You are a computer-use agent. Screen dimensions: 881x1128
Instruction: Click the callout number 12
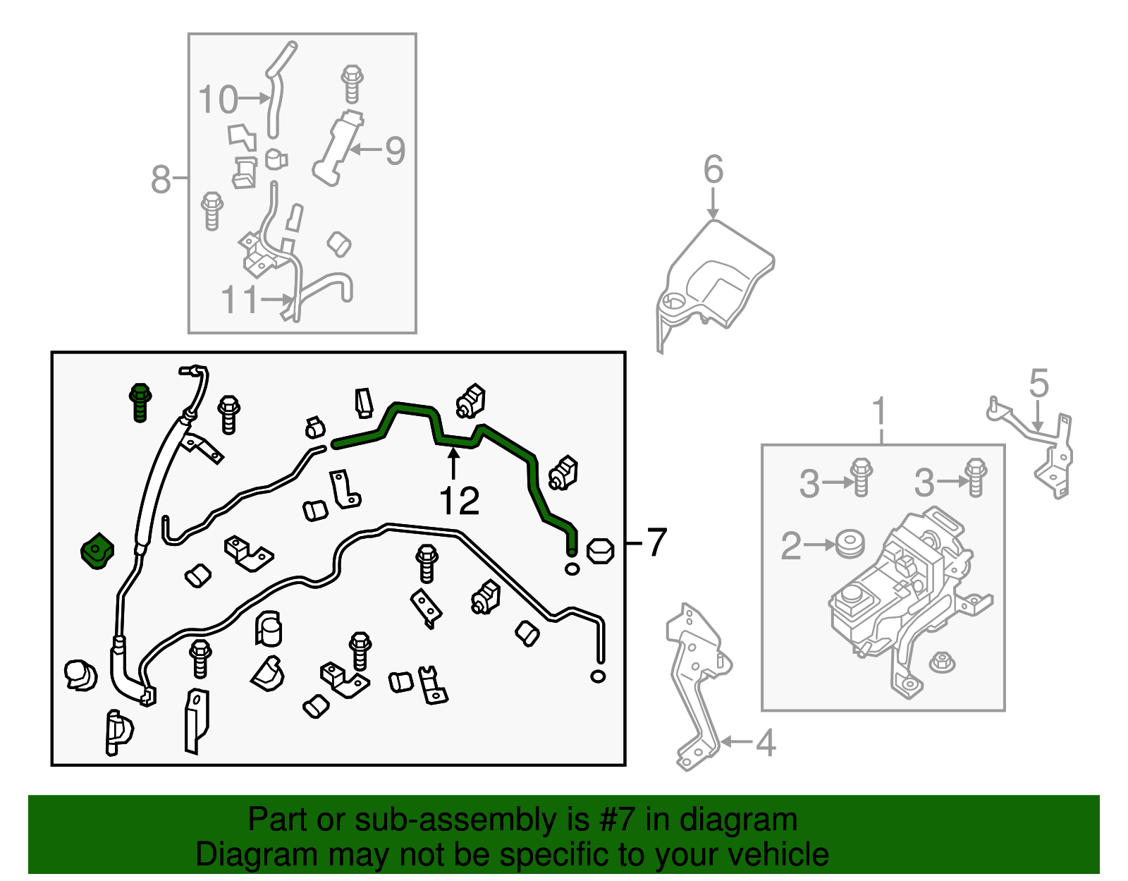(459, 502)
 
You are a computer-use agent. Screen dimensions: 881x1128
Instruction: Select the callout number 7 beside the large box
(656, 542)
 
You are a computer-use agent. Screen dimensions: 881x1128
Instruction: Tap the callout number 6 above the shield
(713, 170)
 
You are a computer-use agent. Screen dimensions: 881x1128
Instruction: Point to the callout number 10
(218, 99)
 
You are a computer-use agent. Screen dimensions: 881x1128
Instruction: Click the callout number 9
(395, 151)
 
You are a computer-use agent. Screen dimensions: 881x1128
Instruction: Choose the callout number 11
(240, 300)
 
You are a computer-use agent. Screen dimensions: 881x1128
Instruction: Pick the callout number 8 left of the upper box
(161, 179)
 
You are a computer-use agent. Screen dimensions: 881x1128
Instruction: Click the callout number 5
(1038, 384)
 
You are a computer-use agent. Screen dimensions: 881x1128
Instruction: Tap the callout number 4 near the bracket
(766, 743)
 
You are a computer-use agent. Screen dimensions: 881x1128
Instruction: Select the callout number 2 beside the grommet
(791, 546)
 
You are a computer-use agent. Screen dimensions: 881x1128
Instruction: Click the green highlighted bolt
(140, 401)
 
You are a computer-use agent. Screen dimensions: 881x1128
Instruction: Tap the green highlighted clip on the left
(97, 551)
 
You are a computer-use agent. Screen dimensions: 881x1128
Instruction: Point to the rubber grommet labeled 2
(850, 545)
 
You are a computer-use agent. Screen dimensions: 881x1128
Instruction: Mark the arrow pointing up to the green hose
(453, 463)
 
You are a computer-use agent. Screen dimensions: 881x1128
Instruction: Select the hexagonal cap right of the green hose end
(600, 550)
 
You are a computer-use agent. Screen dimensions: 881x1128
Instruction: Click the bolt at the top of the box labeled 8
(352, 83)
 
